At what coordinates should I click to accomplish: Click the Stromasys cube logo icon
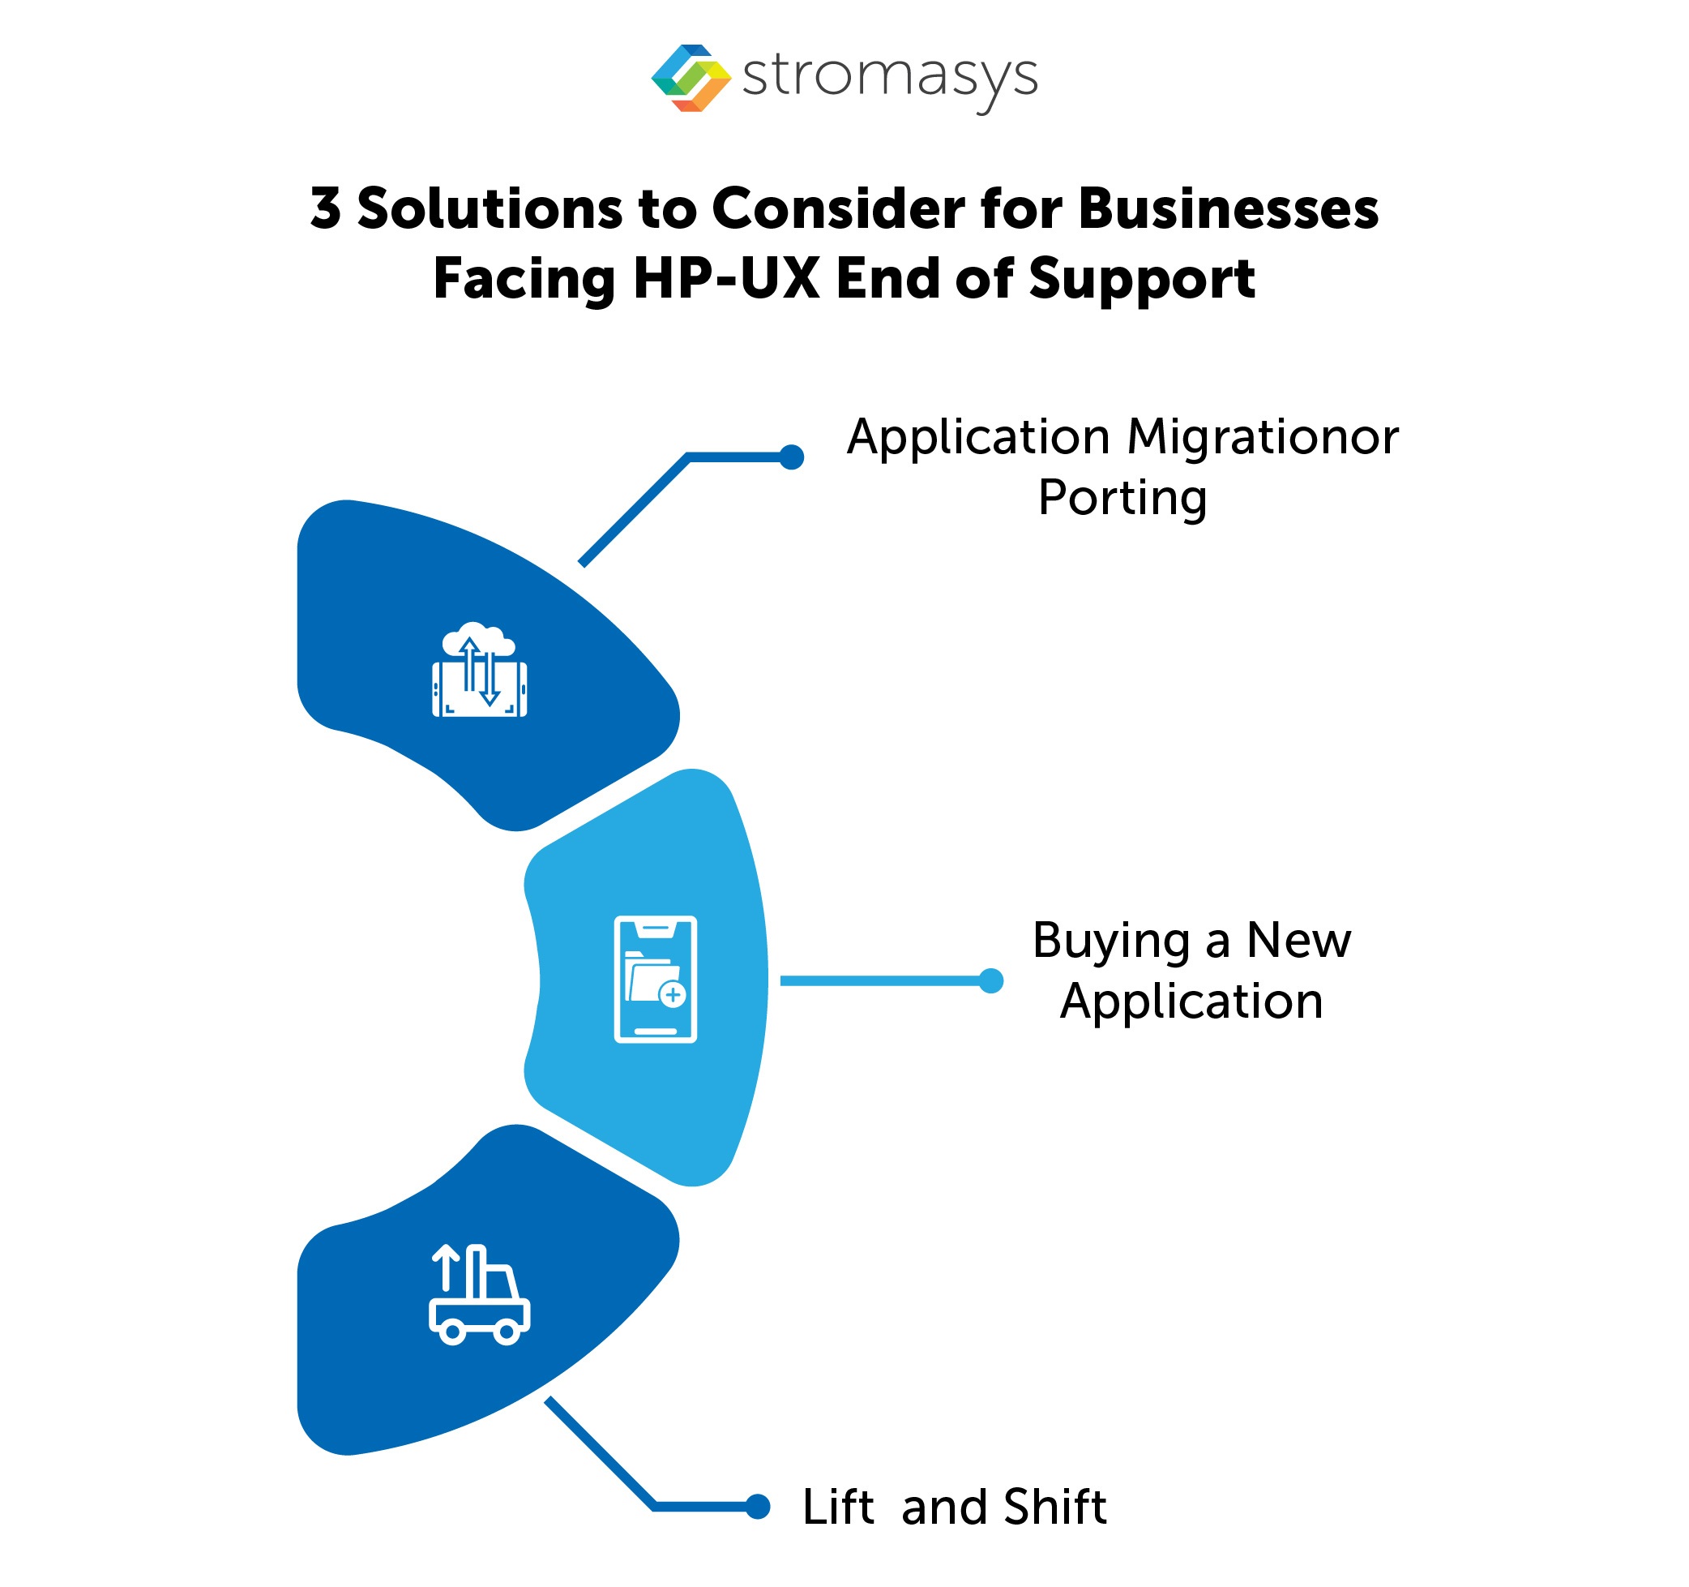point(690,78)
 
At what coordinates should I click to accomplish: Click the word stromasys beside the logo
point(889,76)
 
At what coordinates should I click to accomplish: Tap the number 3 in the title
point(325,208)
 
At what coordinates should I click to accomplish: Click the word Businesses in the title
point(1228,208)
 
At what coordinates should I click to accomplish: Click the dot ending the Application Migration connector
point(791,457)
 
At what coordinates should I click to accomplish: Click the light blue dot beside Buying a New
point(990,980)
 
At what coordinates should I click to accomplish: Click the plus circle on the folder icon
point(672,993)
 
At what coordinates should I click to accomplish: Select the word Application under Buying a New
point(1191,1001)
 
